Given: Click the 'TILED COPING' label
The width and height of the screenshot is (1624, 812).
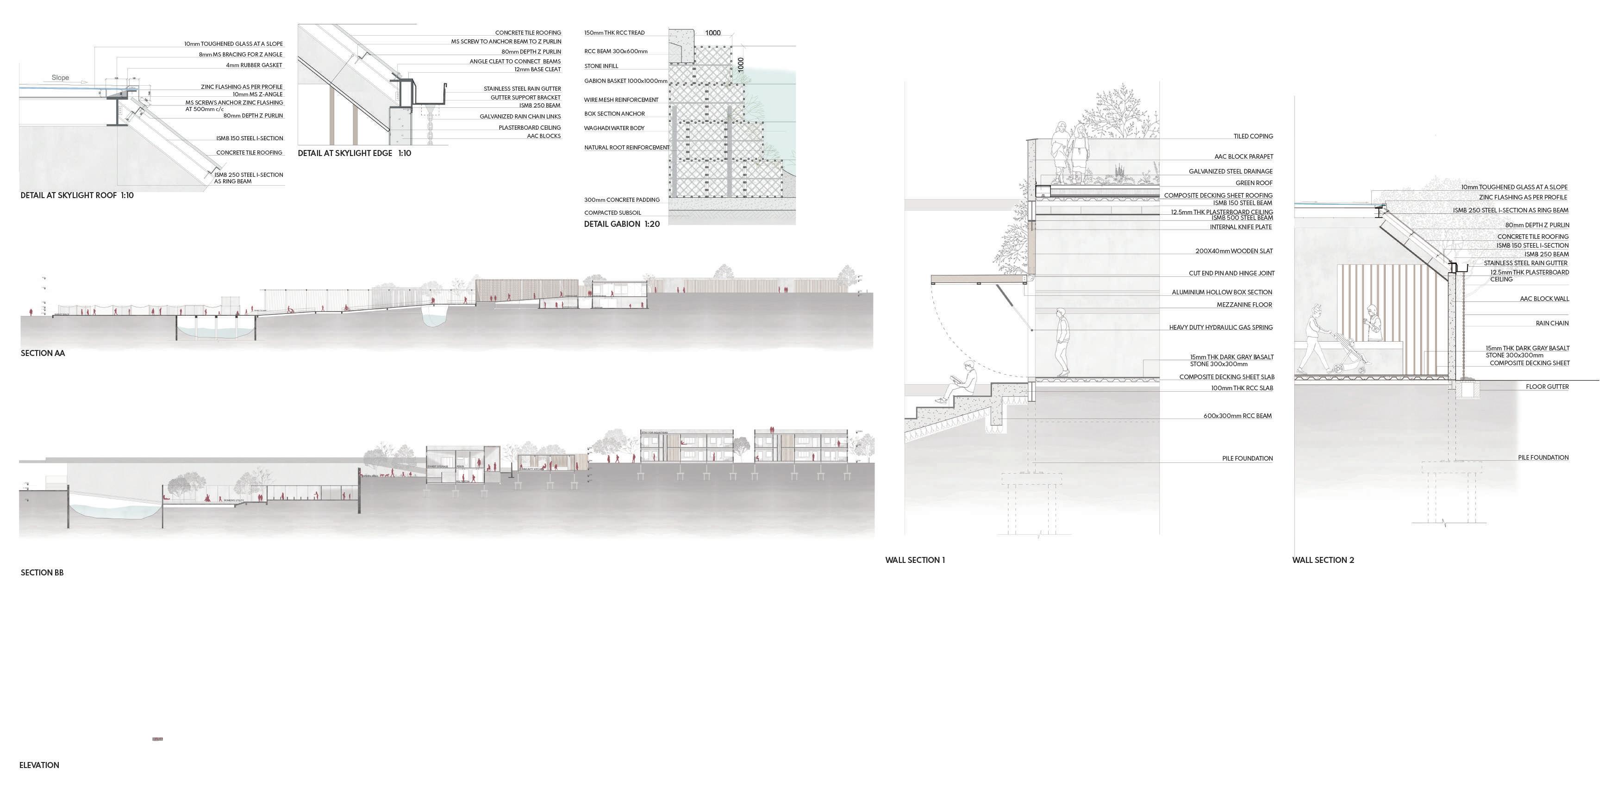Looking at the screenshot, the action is pyautogui.click(x=1253, y=136).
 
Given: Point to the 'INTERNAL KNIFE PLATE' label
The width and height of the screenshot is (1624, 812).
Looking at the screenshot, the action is pyautogui.click(x=1240, y=227).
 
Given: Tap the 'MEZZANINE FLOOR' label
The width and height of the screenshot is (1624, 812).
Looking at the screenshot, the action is pyautogui.click(x=1244, y=305).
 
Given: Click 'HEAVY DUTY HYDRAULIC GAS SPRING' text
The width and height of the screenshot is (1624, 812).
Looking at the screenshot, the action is pyautogui.click(x=1220, y=327).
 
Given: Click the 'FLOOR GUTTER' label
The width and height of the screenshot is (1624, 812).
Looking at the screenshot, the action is pyautogui.click(x=1547, y=387).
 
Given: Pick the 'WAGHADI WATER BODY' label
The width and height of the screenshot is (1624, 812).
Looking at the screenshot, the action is pyautogui.click(x=613, y=128).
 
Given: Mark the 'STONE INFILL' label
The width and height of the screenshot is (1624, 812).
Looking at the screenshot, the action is pyautogui.click(x=601, y=66).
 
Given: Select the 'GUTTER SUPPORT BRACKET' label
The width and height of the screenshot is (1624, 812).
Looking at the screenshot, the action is pyautogui.click(x=525, y=98).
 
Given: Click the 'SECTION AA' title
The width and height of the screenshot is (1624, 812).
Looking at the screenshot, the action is pyautogui.click(x=42, y=353).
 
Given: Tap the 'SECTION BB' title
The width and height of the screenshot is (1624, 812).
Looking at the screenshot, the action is pyautogui.click(x=42, y=573).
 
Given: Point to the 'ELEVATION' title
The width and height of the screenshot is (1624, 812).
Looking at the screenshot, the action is pyautogui.click(x=39, y=765).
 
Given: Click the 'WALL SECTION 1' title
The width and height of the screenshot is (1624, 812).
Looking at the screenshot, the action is pyautogui.click(x=914, y=560).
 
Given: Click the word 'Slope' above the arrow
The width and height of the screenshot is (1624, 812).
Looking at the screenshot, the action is pyautogui.click(x=60, y=78).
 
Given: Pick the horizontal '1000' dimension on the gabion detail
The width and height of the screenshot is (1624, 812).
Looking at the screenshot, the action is pyautogui.click(x=712, y=33).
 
